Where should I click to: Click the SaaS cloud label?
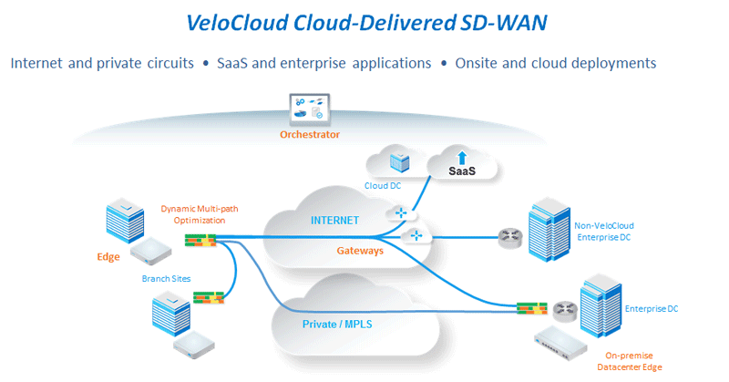pos(462,170)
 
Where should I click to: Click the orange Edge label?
pos(108,257)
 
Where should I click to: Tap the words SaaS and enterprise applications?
pos(323,63)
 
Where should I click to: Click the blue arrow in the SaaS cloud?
pos(462,155)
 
